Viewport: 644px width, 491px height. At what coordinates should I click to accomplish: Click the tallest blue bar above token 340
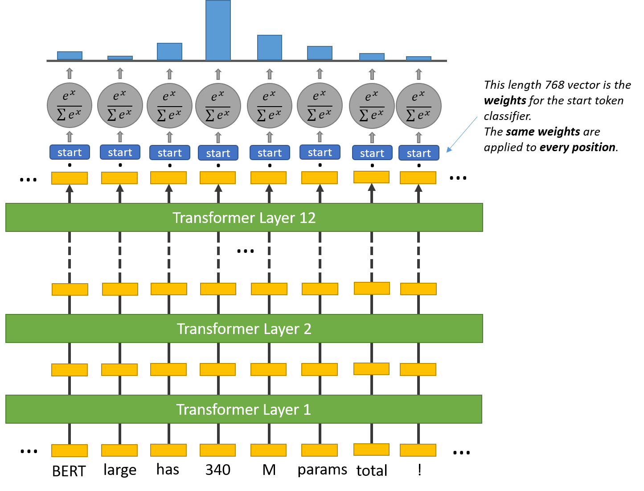pos(218,30)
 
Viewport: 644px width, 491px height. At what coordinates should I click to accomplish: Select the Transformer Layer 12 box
pos(244,218)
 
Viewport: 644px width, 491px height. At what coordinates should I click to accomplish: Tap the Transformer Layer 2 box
pos(244,329)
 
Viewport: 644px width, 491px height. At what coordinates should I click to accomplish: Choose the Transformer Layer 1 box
pos(244,409)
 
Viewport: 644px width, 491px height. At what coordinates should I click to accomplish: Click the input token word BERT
pos(69,471)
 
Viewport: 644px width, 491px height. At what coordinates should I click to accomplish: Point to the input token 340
pos(218,470)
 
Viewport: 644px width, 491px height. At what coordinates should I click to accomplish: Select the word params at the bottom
pos(322,470)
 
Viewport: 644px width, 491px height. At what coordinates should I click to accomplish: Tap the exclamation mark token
pos(419,470)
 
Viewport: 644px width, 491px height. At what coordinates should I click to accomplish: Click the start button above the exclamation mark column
pos(418,153)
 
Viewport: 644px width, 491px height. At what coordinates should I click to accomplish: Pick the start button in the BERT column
pos(70,153)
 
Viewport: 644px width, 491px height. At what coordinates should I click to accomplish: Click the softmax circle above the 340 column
pos(218,106)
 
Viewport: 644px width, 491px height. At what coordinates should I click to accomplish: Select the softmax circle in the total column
pos(372,106)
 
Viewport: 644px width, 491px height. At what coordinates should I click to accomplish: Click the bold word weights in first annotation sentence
pos(505,100)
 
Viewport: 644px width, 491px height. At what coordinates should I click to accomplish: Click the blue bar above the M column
pos(270,47)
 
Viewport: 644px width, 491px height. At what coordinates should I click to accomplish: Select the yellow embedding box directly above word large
pos(119,450)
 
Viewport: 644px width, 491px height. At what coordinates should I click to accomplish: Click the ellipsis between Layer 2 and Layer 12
pos(246,251)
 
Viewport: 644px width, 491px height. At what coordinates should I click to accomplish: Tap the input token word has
pos(168,470)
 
